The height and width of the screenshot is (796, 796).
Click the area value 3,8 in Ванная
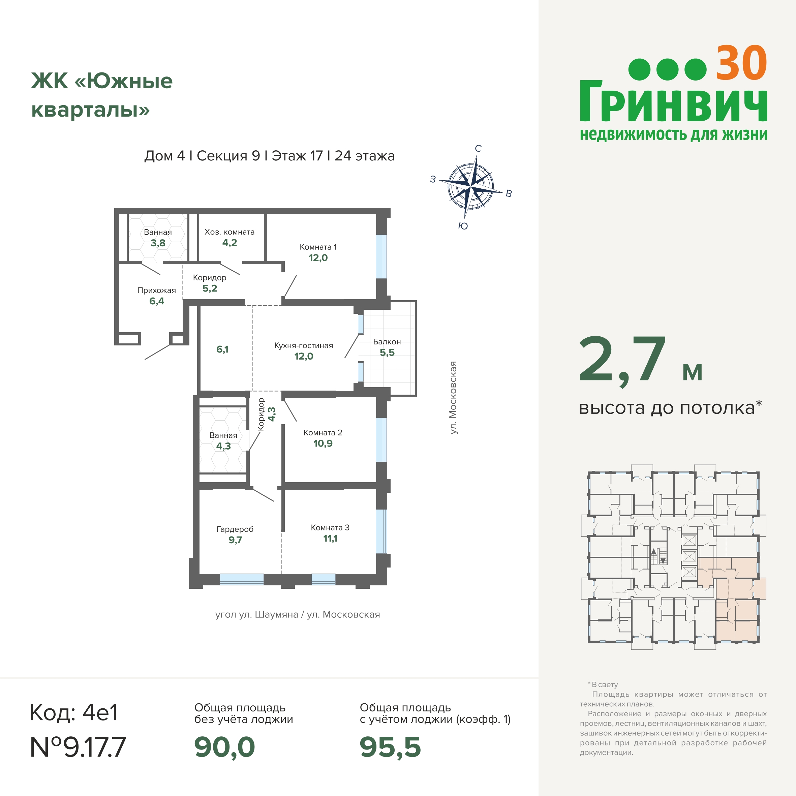point(158,243)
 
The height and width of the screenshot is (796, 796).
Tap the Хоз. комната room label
point(229,232)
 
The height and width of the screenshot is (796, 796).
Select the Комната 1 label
point(318,247)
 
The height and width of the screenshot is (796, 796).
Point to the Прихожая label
point(157,290)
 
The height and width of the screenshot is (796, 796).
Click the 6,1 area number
point(222,349)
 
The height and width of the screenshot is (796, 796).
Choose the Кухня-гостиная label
point(304,345)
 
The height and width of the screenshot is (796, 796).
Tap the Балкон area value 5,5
point(387,353)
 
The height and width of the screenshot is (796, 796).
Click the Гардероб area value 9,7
point(235,540)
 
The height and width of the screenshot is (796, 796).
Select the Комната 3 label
point(330,527)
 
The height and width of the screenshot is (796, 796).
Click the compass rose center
point(470,187)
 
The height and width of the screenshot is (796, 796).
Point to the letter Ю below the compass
point(463,226)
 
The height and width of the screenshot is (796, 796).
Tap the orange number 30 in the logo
point(741,63)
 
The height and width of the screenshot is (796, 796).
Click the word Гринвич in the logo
point(674,101)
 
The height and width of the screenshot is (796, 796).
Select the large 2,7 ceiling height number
point(622,360)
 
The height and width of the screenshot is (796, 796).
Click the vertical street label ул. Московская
point(453,398)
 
